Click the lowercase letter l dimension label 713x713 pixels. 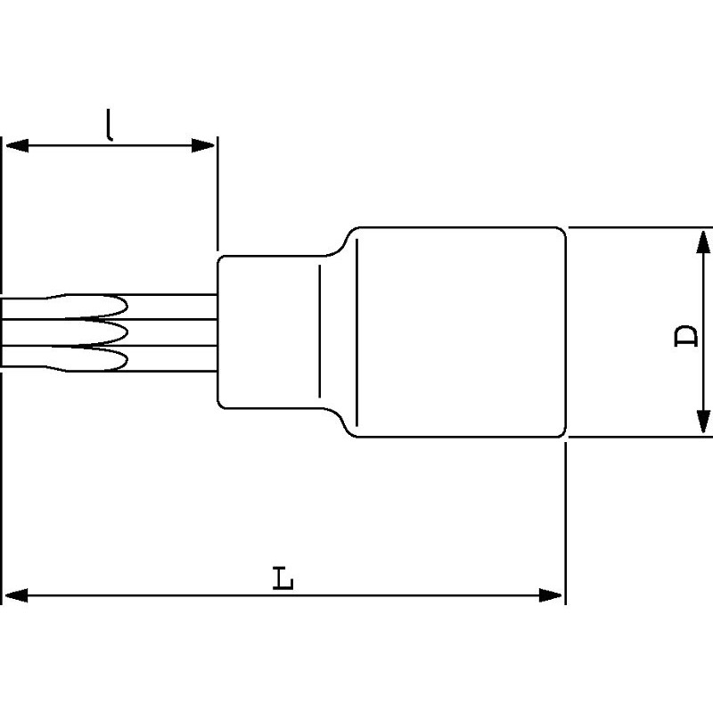109,124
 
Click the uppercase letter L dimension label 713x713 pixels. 283,578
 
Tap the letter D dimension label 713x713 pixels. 685,336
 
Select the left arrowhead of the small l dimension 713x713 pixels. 17,145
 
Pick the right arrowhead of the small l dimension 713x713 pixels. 203,145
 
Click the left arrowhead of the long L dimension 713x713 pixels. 16,595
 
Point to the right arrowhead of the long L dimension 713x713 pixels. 550,595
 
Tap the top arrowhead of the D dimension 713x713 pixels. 703,242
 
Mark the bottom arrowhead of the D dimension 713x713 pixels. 703,422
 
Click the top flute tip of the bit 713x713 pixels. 127,306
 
